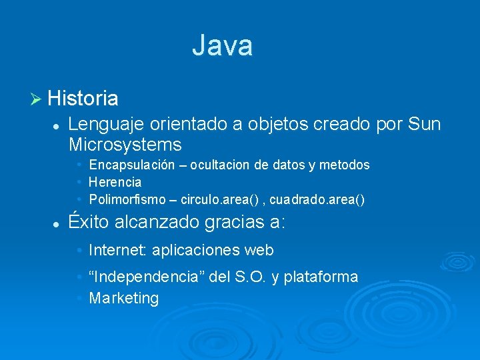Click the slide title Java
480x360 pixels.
coord(222,46)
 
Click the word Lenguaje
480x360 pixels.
coord(106,124)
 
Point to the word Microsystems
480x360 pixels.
coord(125,145)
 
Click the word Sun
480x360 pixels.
coord(424,124)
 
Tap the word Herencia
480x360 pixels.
coord(115,182)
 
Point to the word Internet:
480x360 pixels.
coord(118,250)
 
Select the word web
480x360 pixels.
coord(259,250)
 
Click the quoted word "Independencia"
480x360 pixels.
coord(147,277)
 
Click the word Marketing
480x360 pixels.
coord(123,298)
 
